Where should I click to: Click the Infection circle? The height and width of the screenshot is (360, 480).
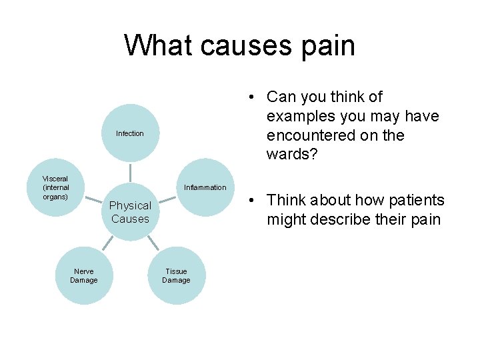click(130, 133)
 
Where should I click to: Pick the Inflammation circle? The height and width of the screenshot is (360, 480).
click(205, 187)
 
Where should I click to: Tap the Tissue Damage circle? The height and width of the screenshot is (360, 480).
click(176, 275)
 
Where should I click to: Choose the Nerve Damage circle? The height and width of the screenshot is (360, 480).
click(84, 275)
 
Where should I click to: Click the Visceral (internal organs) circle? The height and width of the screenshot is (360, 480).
click(55, 187)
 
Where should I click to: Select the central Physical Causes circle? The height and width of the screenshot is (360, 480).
click(130, 212)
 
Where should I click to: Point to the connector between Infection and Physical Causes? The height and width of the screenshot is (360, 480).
click(130, 173)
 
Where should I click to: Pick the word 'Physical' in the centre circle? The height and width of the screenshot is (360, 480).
click(130, 205)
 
